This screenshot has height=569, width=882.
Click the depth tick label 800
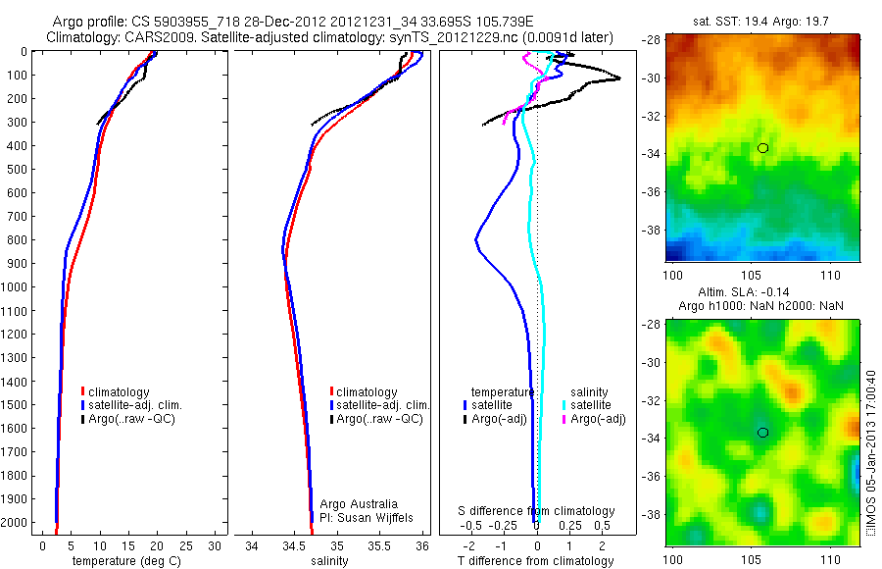click(x=17, y=240)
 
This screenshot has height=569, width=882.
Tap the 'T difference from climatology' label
click(x=536, y=561)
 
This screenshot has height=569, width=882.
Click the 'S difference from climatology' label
click(x=537, y=511)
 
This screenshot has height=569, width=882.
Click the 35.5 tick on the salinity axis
click(x=379, y=546)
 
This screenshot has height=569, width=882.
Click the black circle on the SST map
click(x=762, y=147)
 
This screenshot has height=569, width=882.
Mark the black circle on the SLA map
click(x=762, y=432)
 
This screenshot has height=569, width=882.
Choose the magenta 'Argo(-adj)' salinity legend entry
click(x=598, y=419)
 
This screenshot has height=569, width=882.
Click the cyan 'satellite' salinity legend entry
click(x=592, y=405)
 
